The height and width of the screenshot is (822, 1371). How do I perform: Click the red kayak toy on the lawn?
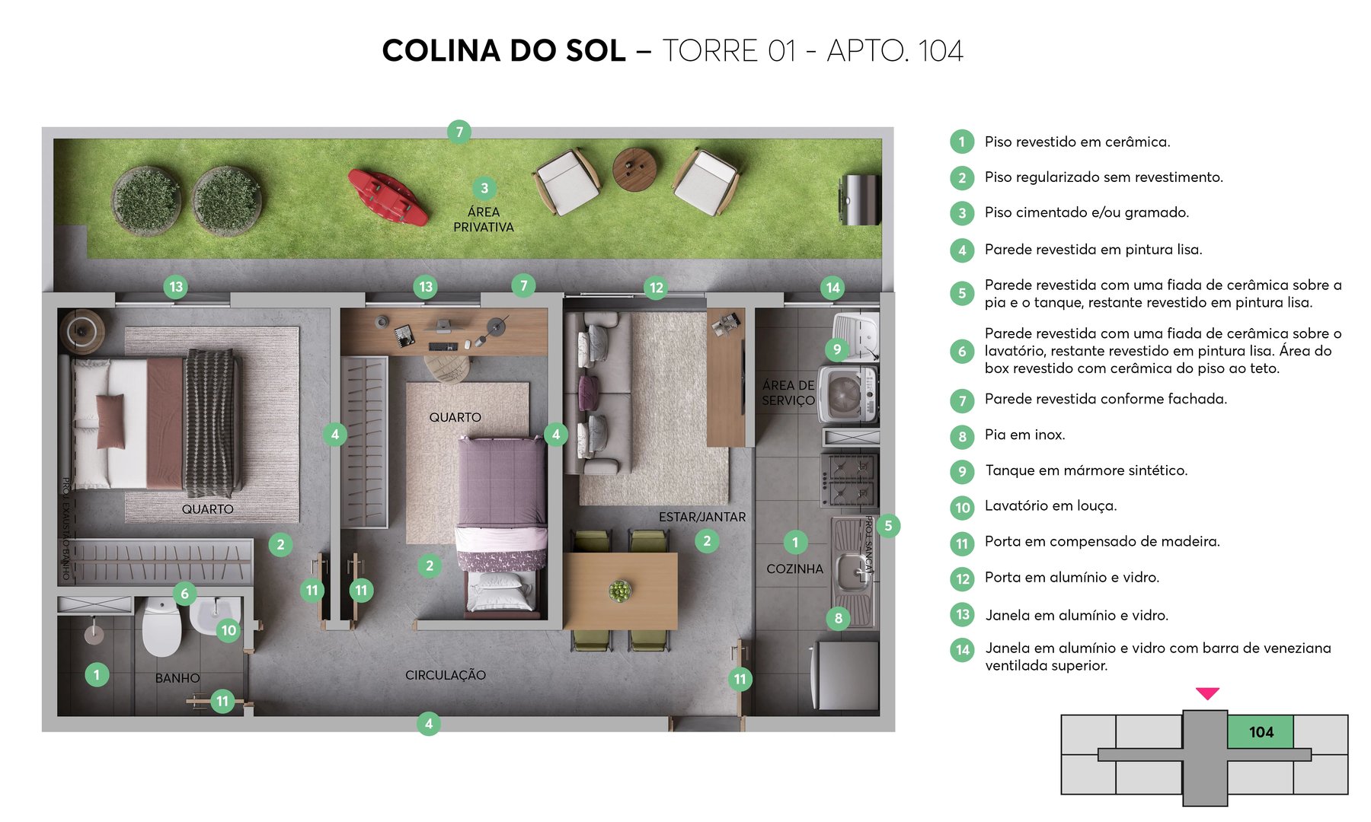coord(387,197)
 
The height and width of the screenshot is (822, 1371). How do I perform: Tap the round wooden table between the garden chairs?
coord(634,169)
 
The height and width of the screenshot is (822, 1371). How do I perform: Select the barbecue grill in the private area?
coord(860,199)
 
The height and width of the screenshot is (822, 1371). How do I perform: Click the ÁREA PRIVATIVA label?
coord(484,219)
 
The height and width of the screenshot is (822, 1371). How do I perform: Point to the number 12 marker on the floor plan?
coord(656,288)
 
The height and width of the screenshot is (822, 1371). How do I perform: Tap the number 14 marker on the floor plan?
coord(833,288)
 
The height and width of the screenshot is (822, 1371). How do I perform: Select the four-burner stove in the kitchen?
coord(848,480)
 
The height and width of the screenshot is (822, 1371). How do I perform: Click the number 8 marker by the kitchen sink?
coord(838,618)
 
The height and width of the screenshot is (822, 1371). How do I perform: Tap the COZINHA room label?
coord(794,569)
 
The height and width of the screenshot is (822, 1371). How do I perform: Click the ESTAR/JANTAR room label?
coord(701,517)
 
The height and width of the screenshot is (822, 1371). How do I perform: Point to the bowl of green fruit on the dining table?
coord(620,591)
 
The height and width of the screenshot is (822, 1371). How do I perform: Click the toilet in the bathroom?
coord(162,627)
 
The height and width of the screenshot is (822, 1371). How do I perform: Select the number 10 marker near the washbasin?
coord(228,630)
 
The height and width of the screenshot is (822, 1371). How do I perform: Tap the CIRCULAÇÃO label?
coord(445,675)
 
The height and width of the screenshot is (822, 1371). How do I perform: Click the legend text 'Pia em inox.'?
coord(1024,435)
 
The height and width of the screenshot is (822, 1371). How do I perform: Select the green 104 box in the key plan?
coord(1261,731)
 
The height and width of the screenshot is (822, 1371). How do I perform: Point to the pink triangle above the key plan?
coord(1207,693)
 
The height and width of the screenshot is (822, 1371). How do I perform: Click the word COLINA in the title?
coord(441,51)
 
